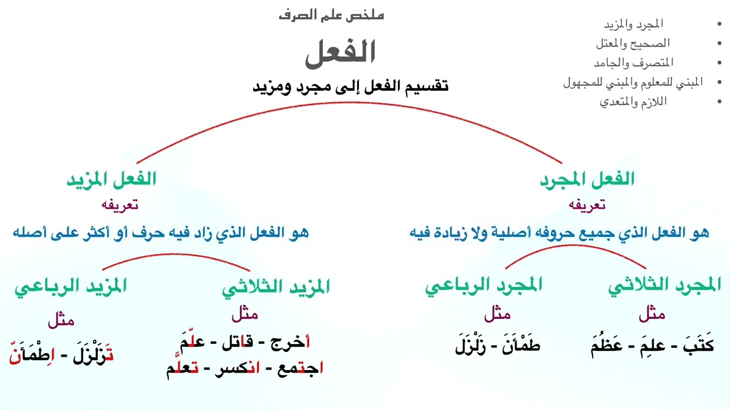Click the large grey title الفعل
point(340,52)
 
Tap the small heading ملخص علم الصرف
point(331,15)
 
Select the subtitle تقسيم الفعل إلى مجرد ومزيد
point(350,87)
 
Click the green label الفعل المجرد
point(587,179)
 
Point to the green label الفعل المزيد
point(111,179)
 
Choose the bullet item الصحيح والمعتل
point(633,43)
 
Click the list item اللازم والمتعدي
point(633,102)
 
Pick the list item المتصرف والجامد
point(633,63)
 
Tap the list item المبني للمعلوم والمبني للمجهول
point(633,83)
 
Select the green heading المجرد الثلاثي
point(664,286)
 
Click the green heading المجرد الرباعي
point(484,286)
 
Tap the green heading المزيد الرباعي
point(70,286)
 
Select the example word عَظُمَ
point(609,345)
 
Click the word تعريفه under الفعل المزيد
point(120,205)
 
